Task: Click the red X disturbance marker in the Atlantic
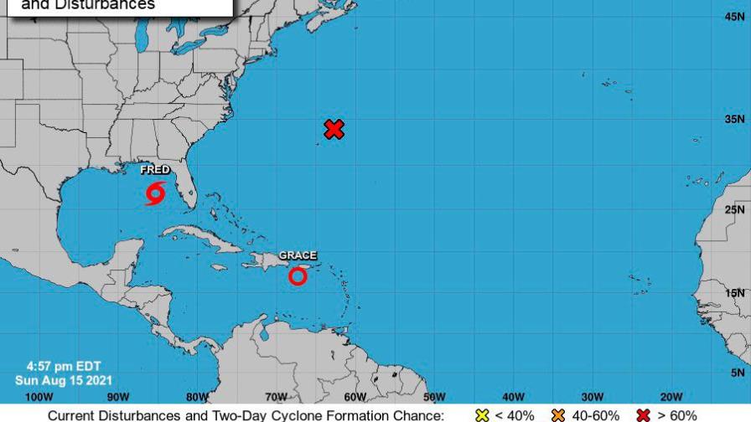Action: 334,129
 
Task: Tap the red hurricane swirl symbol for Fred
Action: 155,193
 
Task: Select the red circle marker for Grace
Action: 298,275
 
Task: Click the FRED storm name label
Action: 155,170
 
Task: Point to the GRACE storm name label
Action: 298,255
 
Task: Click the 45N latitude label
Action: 735,16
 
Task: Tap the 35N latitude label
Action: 735,119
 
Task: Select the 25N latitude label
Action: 735,209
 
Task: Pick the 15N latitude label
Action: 735,292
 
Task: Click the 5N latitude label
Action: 738,372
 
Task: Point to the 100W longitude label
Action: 39,396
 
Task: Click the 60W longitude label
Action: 355,396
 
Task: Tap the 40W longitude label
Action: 513,396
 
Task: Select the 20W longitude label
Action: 671,396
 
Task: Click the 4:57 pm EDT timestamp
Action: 52,366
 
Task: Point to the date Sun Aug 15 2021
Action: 58,379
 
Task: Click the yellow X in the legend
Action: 481,415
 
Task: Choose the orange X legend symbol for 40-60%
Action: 558,415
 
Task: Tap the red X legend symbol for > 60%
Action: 644,415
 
